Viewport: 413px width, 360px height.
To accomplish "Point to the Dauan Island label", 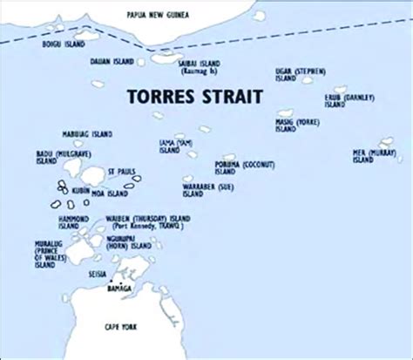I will (113, 62).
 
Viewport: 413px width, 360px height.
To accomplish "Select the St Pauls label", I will (120, 171).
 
